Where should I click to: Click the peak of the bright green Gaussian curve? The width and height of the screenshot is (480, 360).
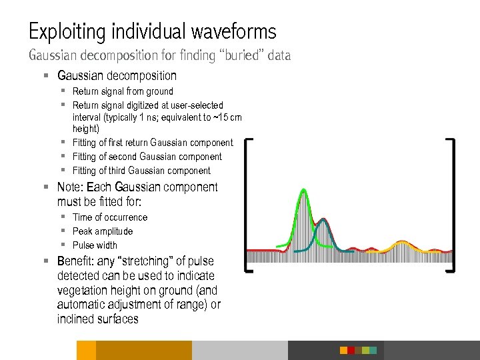click(x=304, y=191)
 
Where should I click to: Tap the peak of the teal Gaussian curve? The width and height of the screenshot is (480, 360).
click(x=323, y=219)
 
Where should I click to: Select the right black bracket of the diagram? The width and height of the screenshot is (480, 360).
click(x=453, y=204)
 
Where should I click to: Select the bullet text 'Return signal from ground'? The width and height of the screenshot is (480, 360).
click(x=123, y=91)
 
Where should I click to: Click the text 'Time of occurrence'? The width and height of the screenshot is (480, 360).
click(x=110, y=217)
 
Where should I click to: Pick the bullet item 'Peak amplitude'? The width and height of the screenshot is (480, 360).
click(x=103, y=231)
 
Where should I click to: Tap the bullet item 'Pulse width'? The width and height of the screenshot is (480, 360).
click(x=95, y=245)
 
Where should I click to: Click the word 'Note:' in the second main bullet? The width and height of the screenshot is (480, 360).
click(x=71, y=187)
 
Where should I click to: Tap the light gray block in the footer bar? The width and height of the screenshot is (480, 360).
click(x=240, y=350)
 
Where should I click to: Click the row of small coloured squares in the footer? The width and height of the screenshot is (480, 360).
click(x=358, y=350)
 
